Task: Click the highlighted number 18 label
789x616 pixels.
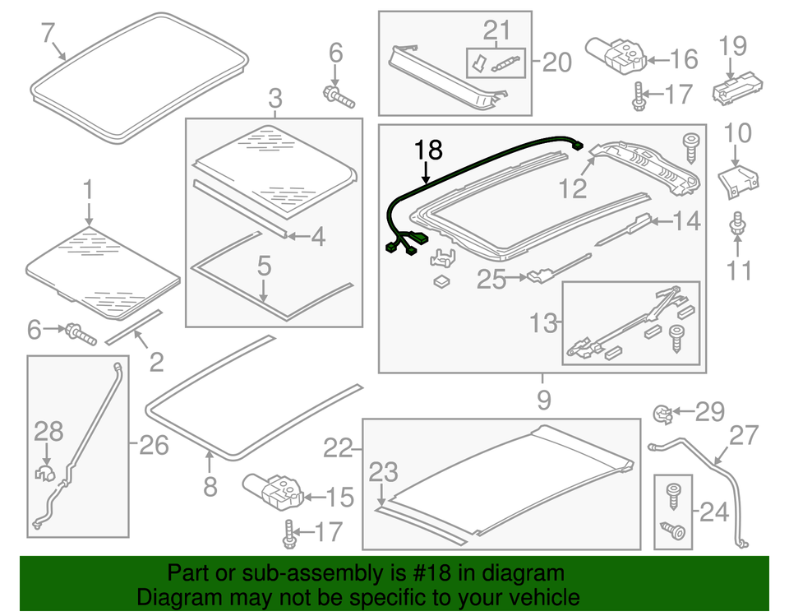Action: [x=429, y=151]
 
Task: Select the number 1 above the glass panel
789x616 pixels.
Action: [x=88, y=192]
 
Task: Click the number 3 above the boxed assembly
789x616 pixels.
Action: [x=275, y=100]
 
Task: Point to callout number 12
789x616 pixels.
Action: [x=574, y=189]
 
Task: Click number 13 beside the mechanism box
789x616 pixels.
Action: [x=543, y=323]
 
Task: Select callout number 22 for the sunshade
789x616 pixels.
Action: [x=337, y=447]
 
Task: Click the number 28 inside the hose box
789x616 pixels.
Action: [x=48, y=430]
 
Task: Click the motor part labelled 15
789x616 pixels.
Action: [x=271, y=490]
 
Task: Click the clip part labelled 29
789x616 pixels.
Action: [x=662, y=412]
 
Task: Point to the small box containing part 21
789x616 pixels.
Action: [x=495, y=63]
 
